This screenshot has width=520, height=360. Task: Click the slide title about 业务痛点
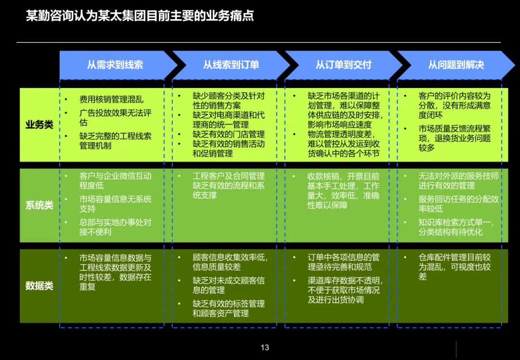140,16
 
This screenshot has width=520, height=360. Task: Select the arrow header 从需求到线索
115,65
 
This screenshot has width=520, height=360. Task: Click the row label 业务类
39,125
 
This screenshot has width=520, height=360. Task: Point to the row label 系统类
39,206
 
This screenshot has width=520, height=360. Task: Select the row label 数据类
39,286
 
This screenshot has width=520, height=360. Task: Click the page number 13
265,347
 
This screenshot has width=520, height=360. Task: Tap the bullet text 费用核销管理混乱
111,100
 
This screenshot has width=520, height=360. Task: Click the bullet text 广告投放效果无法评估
115,118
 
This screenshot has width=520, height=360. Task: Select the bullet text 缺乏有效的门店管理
229,134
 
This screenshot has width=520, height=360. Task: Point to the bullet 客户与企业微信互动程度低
115,181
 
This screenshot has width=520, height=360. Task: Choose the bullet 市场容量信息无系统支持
115,204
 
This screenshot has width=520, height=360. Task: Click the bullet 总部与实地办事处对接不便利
115,227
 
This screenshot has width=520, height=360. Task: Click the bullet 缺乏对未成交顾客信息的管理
229,285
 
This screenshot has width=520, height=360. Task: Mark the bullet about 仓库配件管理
455,267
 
